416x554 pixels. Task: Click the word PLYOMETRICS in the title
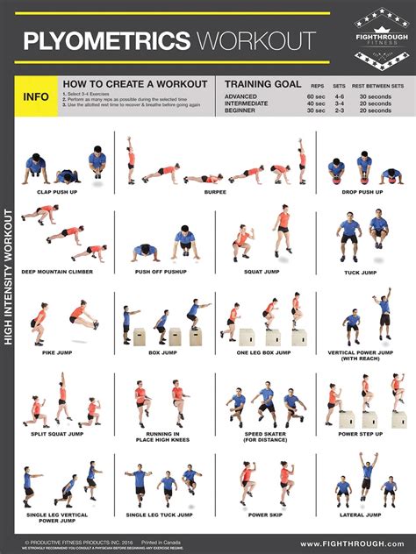pyautogui.click(x=105, y=40)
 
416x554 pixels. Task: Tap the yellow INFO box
pyautogui.click(x=35, y=97)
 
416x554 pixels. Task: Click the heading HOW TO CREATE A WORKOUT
pyautogui.click(x=134, y=83)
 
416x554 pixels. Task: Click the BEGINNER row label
pyautogui.click(x=241, y=110)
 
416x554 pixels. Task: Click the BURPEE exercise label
pyautogui.click(x=216, y=190)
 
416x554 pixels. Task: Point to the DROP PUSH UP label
pyautogui.click(x=362, y=190)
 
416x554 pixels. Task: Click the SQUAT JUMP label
pyautogui.click(x=260, y=272)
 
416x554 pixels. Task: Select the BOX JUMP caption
pyautogui.click(x=161, y=353)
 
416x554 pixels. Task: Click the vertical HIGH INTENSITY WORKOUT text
pyautogui.click(x=8, y=276)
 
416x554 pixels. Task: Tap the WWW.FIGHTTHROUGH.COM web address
pyautogui.click(x=355, y=543)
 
